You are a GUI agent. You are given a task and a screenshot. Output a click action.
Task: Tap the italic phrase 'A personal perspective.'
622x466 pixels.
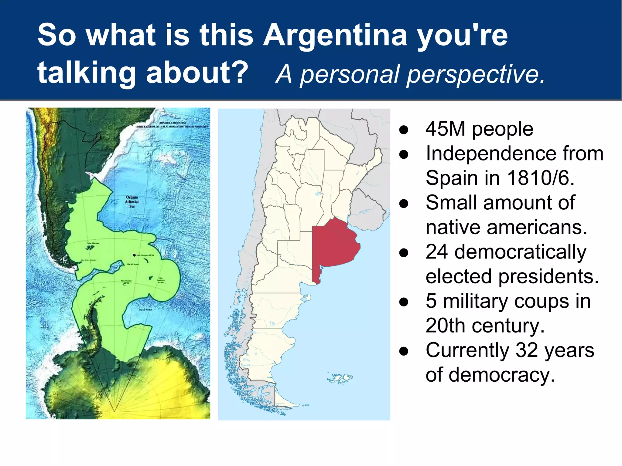click(x=410, y=74)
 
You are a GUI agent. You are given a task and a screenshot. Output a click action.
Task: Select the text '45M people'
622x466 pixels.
click(x=479, y=129)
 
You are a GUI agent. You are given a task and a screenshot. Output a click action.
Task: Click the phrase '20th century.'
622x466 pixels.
click(x=485, y=326)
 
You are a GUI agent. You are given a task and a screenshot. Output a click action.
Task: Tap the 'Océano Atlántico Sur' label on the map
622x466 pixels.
click(x=132, y=202)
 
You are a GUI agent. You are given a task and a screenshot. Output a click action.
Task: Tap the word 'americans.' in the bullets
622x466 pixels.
click(x=537, y=227)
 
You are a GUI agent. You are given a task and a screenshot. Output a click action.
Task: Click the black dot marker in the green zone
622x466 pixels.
click(x=134, y=255)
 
